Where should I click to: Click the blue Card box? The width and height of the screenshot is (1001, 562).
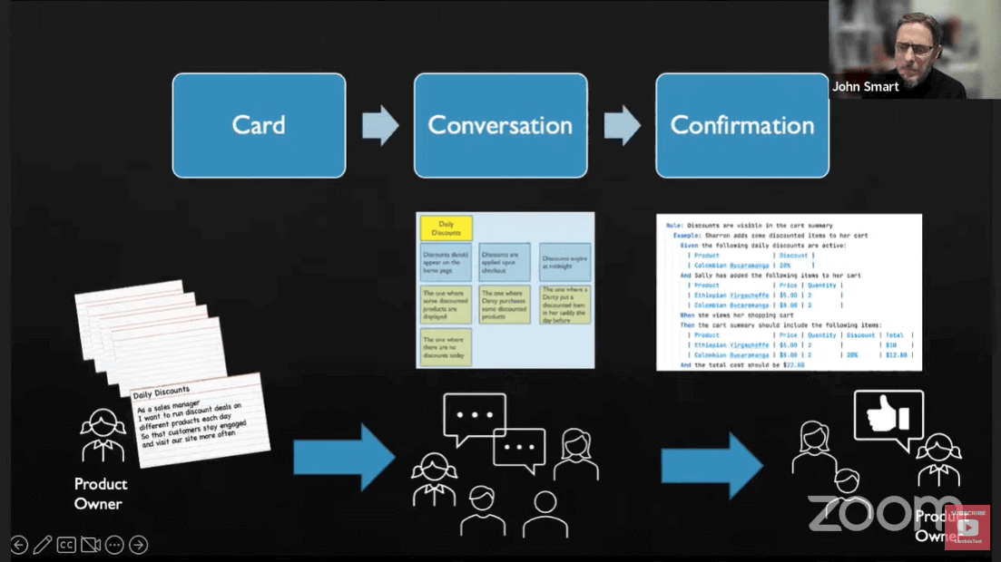click(x=259, y=125)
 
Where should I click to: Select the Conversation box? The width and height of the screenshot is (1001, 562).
click(x=500, y=125)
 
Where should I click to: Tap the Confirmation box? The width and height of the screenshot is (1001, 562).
click(x=741, y=125)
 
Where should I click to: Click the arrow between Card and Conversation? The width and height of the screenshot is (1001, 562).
click(x=380, y=125)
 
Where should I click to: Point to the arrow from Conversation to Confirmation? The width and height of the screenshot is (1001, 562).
click(x=622, y=125)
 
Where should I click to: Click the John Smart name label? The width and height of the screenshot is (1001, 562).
click(x=865, y=86)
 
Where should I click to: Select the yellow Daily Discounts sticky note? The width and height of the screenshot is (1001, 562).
click(x=446, y=228)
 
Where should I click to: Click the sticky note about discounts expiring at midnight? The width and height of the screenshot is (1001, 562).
click(x=564, y=261)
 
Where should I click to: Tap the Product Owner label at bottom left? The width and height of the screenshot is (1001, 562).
click(x=100, y=493)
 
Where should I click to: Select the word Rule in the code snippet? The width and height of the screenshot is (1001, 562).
click(x=673, y=225)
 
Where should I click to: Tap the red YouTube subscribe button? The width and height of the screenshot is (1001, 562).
click(x=967, y=527)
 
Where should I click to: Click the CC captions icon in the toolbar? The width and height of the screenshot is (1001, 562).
click(x=66, y=545)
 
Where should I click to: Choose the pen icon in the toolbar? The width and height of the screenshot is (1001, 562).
click(x=43, y=545)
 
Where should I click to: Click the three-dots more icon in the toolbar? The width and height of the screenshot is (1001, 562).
click(x=114, y=545)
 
